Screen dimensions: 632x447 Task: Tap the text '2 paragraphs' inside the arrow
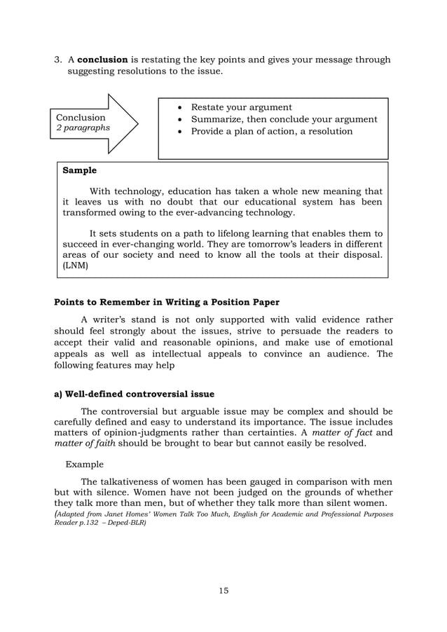[83, 128]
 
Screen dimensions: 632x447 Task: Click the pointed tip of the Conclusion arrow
[137, 124]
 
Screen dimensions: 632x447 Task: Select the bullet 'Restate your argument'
[241, 107]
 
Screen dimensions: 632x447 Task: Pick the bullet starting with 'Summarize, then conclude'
[284, 119]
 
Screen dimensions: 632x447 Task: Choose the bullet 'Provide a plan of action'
[272, 131]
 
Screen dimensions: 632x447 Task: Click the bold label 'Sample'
[80, 170]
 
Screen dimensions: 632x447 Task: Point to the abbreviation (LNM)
[76, 266]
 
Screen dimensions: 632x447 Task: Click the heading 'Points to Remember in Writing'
[167, 302]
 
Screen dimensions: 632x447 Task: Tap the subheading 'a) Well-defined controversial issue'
[135, 394]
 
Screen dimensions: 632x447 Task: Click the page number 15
[223, 591]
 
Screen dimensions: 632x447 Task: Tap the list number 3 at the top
[58, 60]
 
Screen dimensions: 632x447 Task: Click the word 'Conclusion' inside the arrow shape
[81, 117]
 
